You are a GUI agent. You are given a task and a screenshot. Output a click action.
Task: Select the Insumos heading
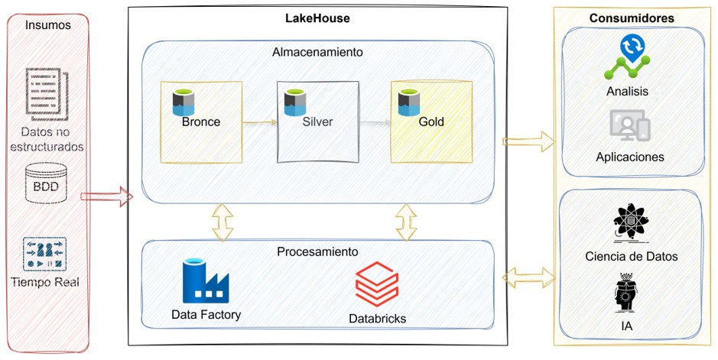(47, 24)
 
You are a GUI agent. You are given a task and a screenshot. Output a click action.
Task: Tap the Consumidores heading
(632, 17)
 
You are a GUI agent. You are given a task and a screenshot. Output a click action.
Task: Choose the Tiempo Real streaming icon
(47, 253)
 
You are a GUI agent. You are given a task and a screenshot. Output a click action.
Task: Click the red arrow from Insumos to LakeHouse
(106, 198)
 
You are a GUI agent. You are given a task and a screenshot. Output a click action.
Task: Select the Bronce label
(200, 121)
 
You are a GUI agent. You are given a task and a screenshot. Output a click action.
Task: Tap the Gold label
(430, 121)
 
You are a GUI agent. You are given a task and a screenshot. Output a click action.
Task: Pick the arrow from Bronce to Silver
(259, 121)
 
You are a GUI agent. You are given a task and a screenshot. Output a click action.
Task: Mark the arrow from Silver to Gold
(374, 121)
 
